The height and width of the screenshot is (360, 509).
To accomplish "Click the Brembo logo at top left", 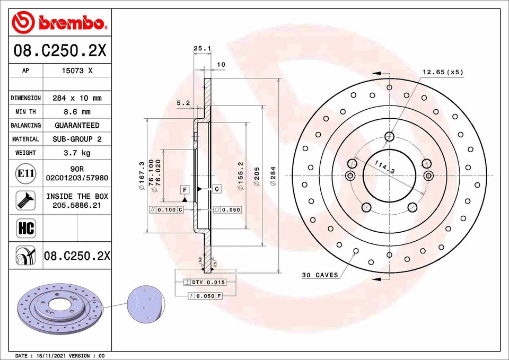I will tap(59, 22).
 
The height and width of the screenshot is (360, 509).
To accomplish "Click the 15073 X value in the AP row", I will tap(77, 71).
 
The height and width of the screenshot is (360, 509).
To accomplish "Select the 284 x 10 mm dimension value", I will tap(77, 98).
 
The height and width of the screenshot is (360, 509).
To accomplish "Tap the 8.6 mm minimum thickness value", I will tap(77, 112).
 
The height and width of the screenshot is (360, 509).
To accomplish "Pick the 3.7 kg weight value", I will tap(77, 153).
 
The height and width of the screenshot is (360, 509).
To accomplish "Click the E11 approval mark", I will tap(26, 173).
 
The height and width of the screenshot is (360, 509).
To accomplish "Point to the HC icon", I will tap(26, 228).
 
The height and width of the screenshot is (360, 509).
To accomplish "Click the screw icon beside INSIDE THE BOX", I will tap(26, 200).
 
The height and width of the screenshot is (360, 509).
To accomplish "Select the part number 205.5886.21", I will tap(77, 205).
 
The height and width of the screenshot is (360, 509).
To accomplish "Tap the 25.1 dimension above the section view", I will tap(202, 48).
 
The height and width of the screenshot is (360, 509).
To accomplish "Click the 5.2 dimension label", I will tap(183, 103).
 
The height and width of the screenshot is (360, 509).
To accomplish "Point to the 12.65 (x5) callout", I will tap(442, 72).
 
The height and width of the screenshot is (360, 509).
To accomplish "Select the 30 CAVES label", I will tap(320, 275).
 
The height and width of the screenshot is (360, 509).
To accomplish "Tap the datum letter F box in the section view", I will tap(185, 189).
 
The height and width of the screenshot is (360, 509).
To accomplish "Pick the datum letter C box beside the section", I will tap(217, 189).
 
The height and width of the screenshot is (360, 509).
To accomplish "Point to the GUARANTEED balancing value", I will tap(77, 126).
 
